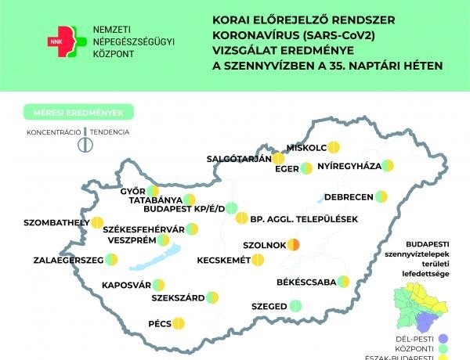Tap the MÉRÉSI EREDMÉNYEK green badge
point(78,113)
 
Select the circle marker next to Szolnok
point(293,244)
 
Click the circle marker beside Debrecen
point(381,196)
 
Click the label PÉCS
point(160,322)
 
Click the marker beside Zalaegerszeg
point(107,260)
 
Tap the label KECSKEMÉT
point(223,260)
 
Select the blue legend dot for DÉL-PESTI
point(461,339)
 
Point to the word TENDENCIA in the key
point(109,132)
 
